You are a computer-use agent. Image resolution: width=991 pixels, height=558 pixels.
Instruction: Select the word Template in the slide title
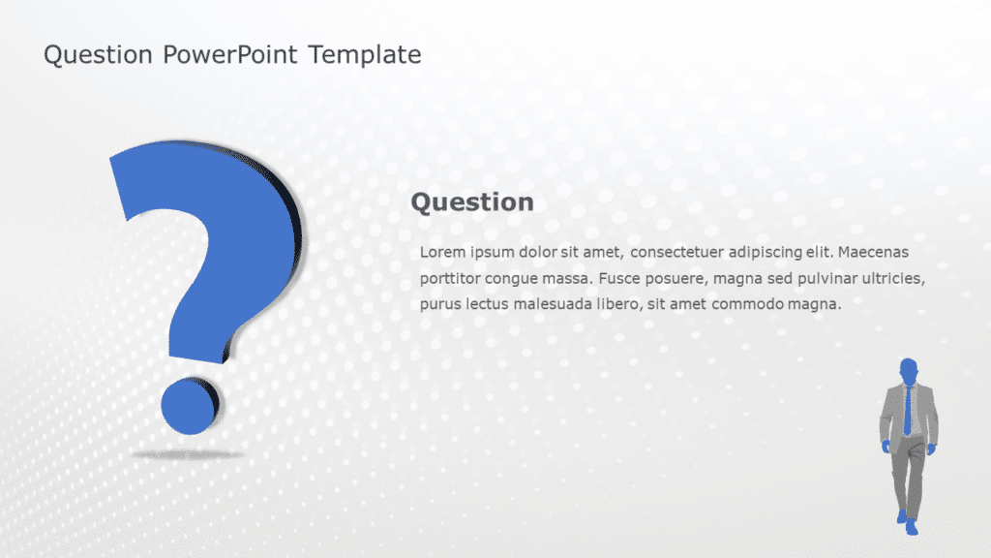point(365,55)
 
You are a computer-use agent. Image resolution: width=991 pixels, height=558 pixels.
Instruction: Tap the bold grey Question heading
point(472,202)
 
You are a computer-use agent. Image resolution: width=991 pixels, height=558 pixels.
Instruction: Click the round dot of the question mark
point(189,404)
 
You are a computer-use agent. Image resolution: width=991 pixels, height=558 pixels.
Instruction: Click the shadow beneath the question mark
point(188,452)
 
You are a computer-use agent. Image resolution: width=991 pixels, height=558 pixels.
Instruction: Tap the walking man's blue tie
point(908,411)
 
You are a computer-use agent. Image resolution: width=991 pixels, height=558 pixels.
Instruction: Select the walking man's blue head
point(908,371)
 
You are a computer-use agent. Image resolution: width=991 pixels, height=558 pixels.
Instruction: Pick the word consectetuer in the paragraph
point(676,253)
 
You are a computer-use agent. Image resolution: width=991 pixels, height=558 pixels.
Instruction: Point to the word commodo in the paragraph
point(753,304)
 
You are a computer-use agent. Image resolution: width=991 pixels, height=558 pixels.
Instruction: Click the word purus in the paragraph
point(440,304)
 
